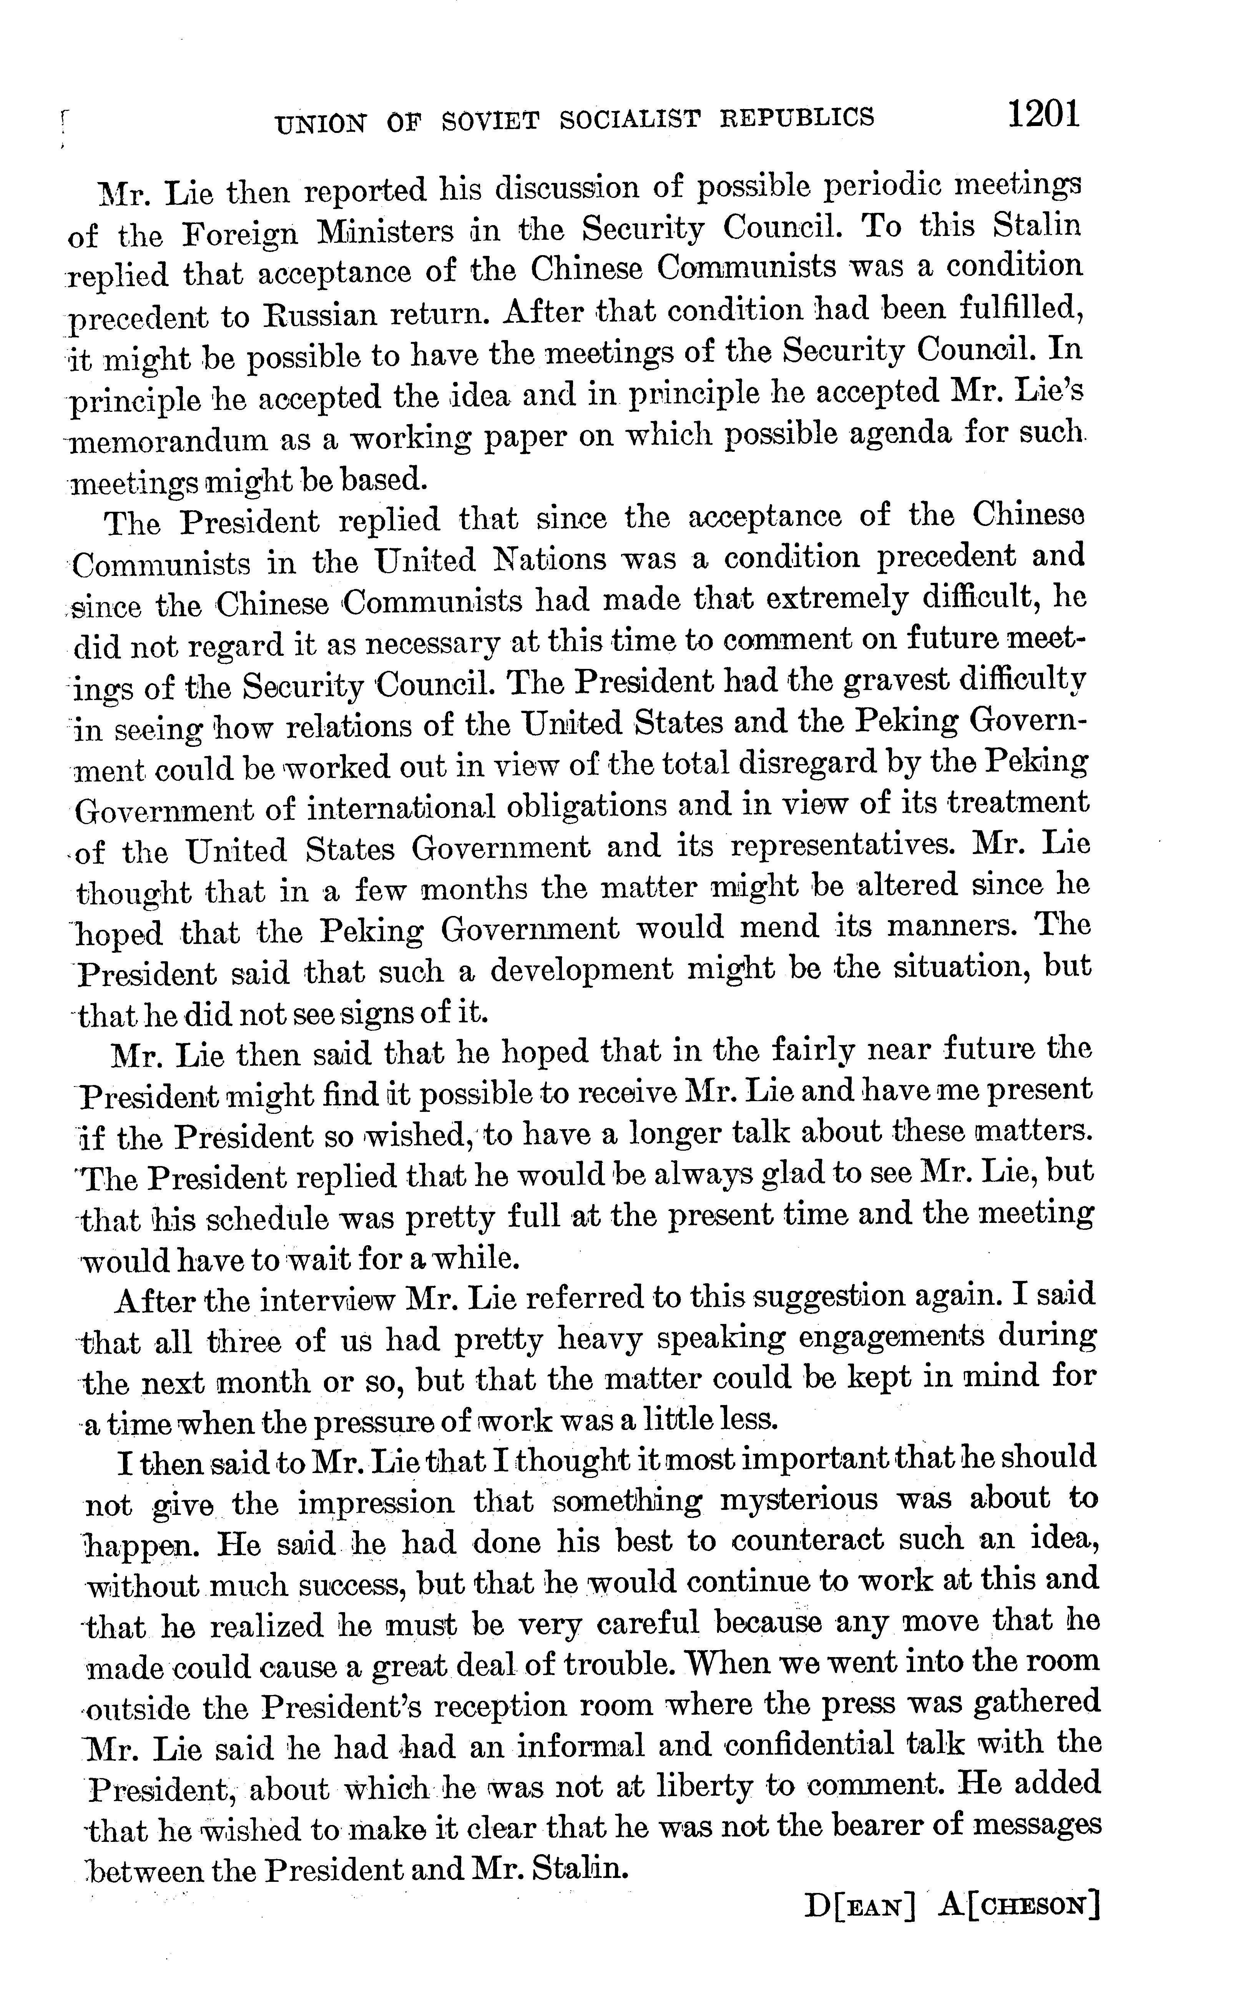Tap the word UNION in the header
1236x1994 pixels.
(321, 123)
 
